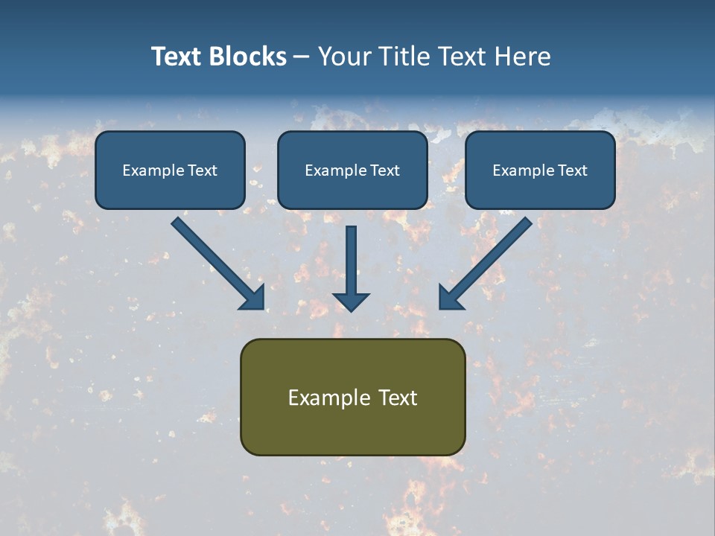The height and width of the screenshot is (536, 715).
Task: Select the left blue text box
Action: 170,170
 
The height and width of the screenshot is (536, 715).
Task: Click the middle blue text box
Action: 352,170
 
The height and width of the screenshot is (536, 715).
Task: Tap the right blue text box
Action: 540,170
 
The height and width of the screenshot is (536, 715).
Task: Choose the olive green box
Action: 352,397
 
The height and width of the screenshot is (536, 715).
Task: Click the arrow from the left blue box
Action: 216,261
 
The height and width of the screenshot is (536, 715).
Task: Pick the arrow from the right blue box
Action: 488,261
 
